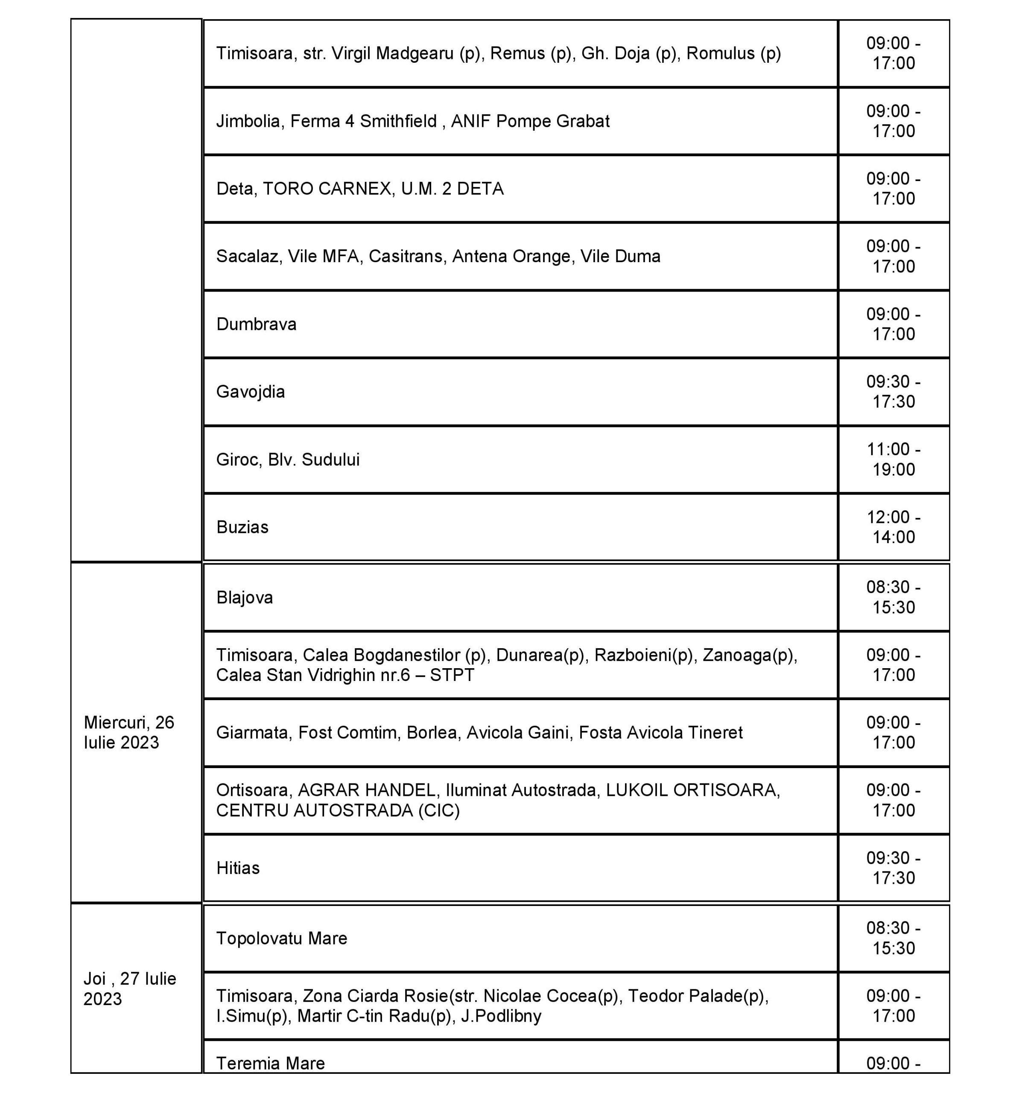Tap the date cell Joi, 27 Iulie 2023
click(x=130, y=988)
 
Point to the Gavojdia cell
click(x=251, y=392)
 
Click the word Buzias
click(x=242, y=527)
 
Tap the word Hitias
click(x=238, y=868)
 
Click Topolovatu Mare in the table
click(x=281, y=938)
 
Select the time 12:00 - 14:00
click(x=893, y=527)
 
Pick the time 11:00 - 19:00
click(x=893, y=459)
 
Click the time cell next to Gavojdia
click(x=893, y=392)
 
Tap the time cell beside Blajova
click(x=893, y=597)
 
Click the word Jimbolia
click(x=249, y=121)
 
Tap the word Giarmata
click(x=252, y=732)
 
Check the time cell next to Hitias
click(x=893, y=868)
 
